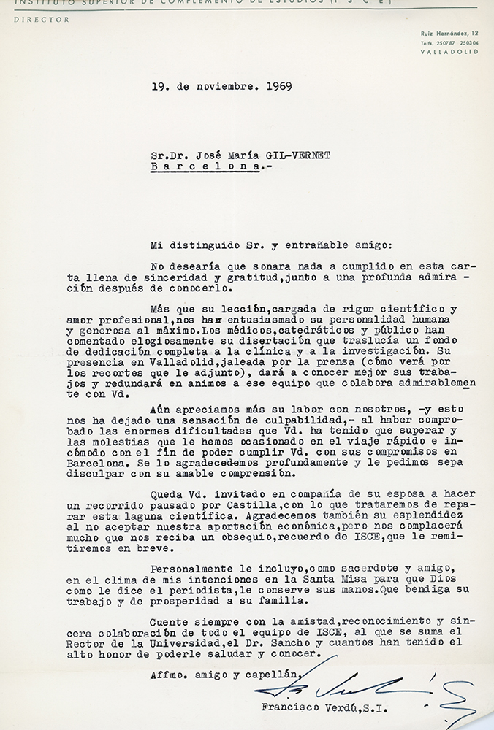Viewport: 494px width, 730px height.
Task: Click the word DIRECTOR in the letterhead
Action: [41, 20]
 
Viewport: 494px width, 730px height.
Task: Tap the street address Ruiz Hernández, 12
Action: [449, 35]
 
